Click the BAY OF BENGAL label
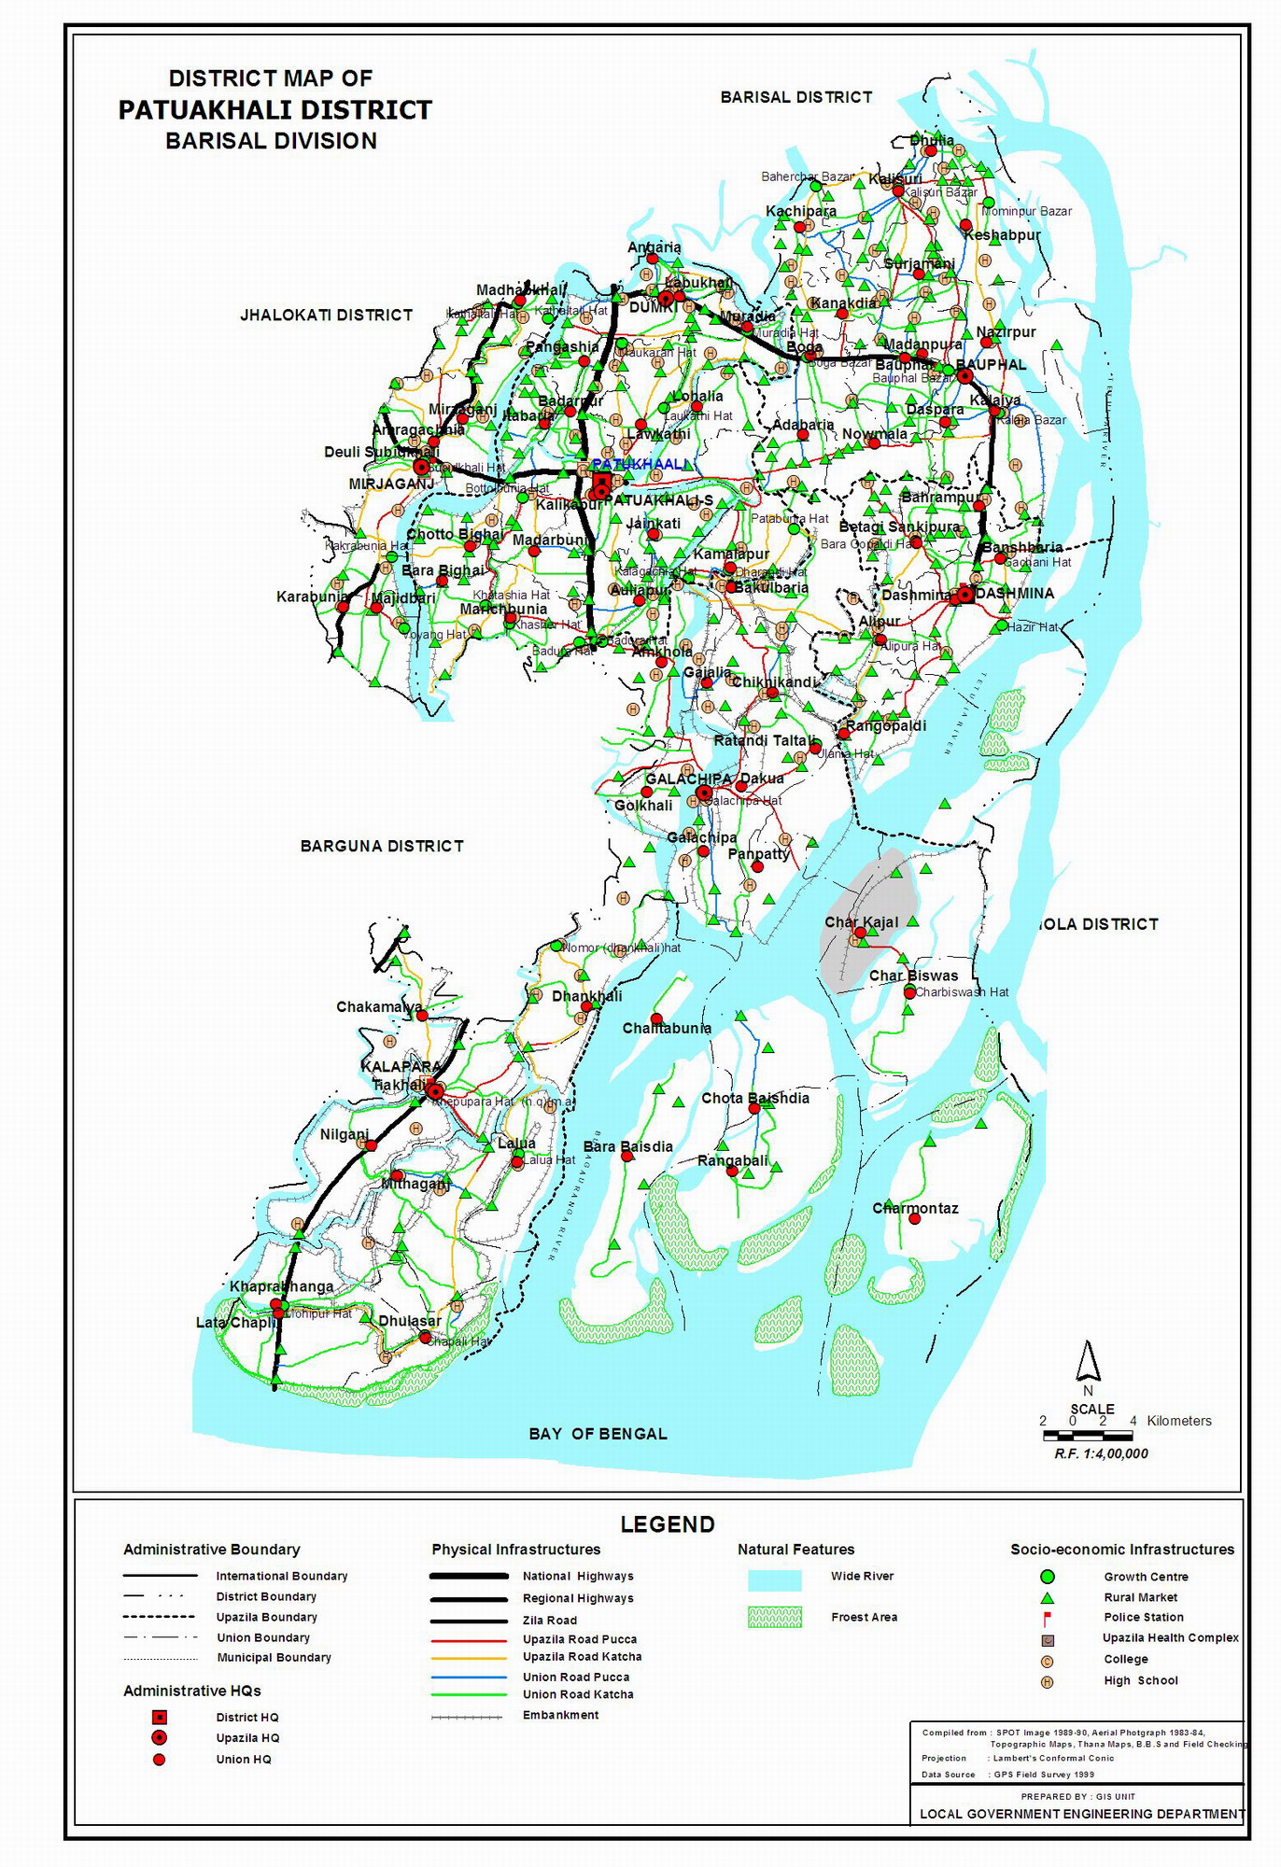(598, 1434)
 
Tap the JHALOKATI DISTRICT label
(326, 316)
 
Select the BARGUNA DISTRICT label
(382, 846)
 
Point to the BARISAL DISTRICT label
(795, 97)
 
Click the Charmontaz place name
(915, 1208)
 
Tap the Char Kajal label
(861, 922)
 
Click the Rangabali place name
(733, 1160)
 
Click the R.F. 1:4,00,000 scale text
(1101, 1453)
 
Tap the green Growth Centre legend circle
(1048, 1577)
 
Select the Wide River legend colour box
(774, 1579)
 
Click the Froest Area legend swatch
(774, 1618)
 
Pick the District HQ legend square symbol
(160, 1717)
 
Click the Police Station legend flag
(1048, 1618)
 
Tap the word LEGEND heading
(668, 1524)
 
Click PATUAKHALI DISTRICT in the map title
(274, 110)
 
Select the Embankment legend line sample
(467, 1716)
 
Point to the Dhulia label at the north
(932, 140)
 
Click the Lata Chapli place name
(236, 1323)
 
